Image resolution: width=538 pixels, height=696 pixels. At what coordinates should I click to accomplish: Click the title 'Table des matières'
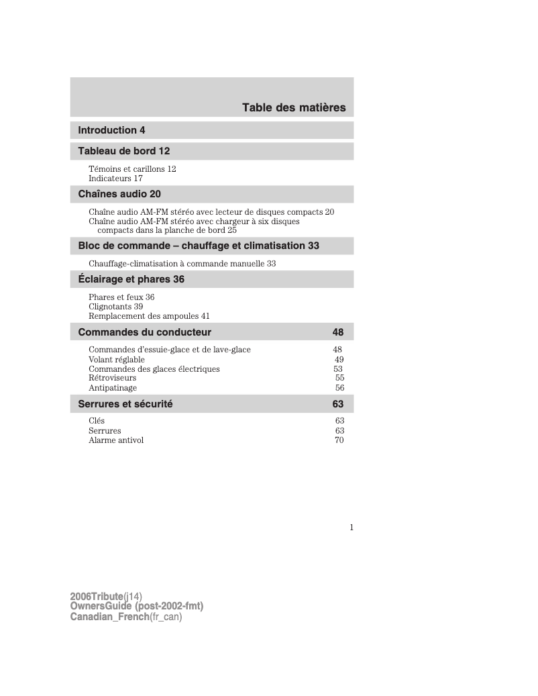click(294, 107)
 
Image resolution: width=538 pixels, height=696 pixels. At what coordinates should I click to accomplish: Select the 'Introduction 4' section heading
click(111, 130)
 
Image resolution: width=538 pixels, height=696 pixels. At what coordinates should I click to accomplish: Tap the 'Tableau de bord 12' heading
click(124, 150)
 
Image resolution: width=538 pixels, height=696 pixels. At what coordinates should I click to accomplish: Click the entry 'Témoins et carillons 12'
click(132, 169)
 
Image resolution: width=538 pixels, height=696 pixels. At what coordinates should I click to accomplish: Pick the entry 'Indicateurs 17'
click(115, 179)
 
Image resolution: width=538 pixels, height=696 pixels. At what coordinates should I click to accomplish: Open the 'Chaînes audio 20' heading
click(119, 195)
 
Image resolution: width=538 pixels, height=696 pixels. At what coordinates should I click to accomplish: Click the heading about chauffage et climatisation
click(199, 246)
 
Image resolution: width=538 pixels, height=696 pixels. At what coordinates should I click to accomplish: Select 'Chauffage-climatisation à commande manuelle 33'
click(182, 264)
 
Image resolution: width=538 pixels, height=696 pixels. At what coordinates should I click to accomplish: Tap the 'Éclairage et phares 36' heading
click(131, 279)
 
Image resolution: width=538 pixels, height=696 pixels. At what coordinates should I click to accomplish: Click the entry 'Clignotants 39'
click(115, 306)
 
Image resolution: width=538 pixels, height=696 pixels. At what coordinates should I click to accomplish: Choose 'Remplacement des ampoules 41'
click(149, 315)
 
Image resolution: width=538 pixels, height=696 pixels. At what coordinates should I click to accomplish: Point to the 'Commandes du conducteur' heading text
click(145, 332)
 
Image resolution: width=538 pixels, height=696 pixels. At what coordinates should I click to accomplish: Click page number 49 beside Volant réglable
click(339, 359)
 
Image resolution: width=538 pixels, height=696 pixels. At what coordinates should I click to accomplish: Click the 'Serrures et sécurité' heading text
click(125, 404)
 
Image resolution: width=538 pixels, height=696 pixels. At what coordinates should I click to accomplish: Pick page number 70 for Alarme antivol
click(339, 440)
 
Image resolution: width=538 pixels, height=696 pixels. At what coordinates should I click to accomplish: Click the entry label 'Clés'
click(97, 421)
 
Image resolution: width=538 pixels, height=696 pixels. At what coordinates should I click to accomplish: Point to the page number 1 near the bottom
click(351, 528)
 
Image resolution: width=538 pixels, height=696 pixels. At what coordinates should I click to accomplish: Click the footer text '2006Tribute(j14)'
click(106, 597)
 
